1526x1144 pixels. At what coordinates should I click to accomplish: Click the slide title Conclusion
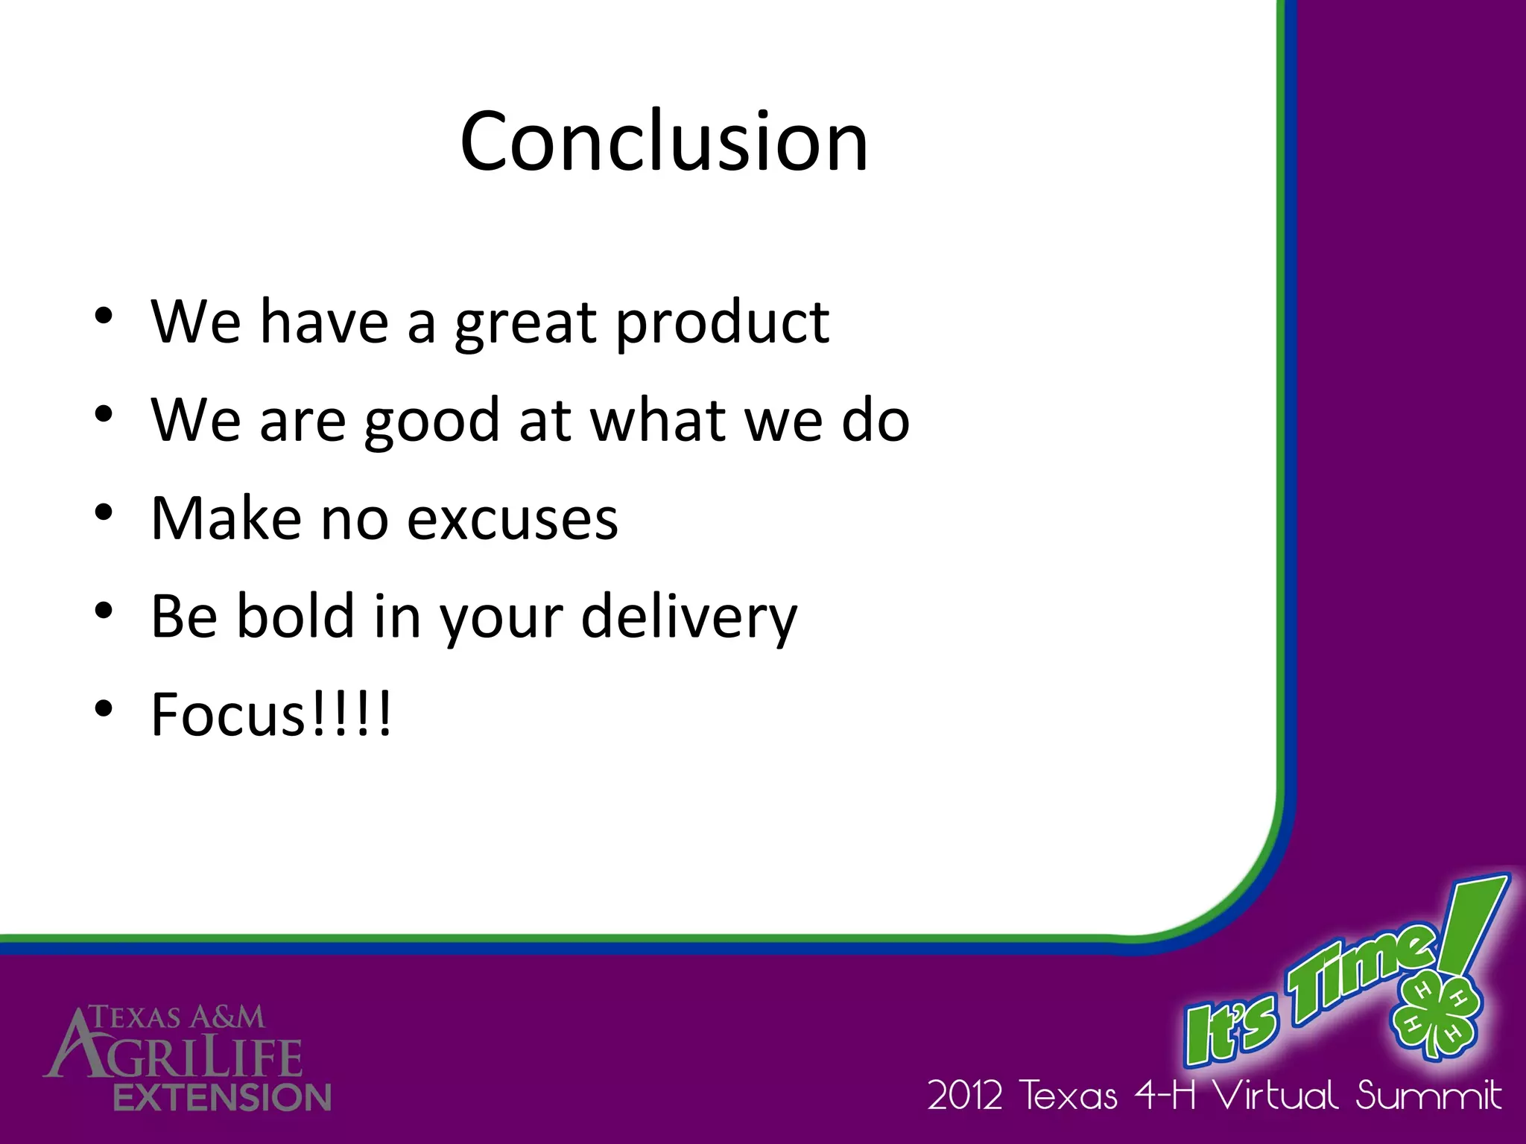click(x=664, y=142)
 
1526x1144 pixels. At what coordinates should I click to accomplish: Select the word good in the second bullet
click(x=431, y=421)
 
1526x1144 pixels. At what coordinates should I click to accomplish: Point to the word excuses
click(x=512, y=518)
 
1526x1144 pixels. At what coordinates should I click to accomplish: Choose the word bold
click(x=296, y=617)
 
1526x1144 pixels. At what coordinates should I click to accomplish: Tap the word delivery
click(x=688, y=618)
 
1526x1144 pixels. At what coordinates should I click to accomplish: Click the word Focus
click(x=227, y=714)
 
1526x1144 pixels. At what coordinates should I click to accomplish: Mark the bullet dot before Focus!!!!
click(x=104, y=708)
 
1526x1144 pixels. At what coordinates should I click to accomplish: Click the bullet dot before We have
click(x=104, y=317)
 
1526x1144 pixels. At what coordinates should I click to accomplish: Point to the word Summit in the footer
click(x=1428, y=1096)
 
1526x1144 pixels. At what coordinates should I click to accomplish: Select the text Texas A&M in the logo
click(x=177, y=1017)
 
